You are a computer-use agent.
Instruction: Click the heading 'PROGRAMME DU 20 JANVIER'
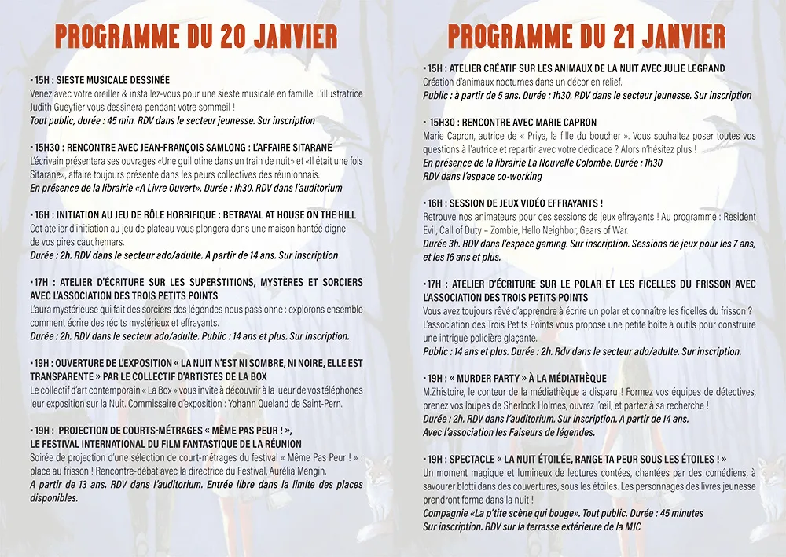click(x=196, y=36)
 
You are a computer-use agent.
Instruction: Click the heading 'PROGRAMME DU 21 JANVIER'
click(x=586, y=36)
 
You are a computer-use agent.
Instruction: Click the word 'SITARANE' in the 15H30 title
click(x=309, y=148)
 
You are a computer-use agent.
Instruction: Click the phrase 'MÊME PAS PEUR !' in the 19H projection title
click(x=249, y=431)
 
